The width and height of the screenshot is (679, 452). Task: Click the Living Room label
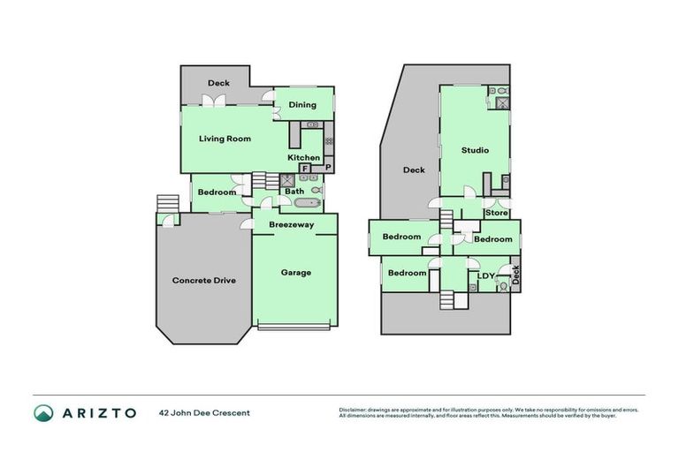pos(225,139)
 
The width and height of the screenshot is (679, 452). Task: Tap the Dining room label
pos(302,105)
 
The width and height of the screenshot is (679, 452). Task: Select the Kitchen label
pos(303,158)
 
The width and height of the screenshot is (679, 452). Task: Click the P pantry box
pos(327,168)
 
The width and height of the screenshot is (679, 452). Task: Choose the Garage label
pos(296,273)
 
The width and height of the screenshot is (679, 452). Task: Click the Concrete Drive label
pos(203,281)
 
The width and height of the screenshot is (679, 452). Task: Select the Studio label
pos(475,150)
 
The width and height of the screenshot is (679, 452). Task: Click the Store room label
pos(498,213)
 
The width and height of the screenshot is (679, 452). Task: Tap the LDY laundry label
pos(485,275)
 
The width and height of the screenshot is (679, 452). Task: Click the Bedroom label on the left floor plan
pos(217,192)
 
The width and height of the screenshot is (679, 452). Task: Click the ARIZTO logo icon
pos(44,413)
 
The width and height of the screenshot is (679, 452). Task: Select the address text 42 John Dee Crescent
pos(205,413)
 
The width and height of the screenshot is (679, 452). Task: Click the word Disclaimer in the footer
pos(354,410)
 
